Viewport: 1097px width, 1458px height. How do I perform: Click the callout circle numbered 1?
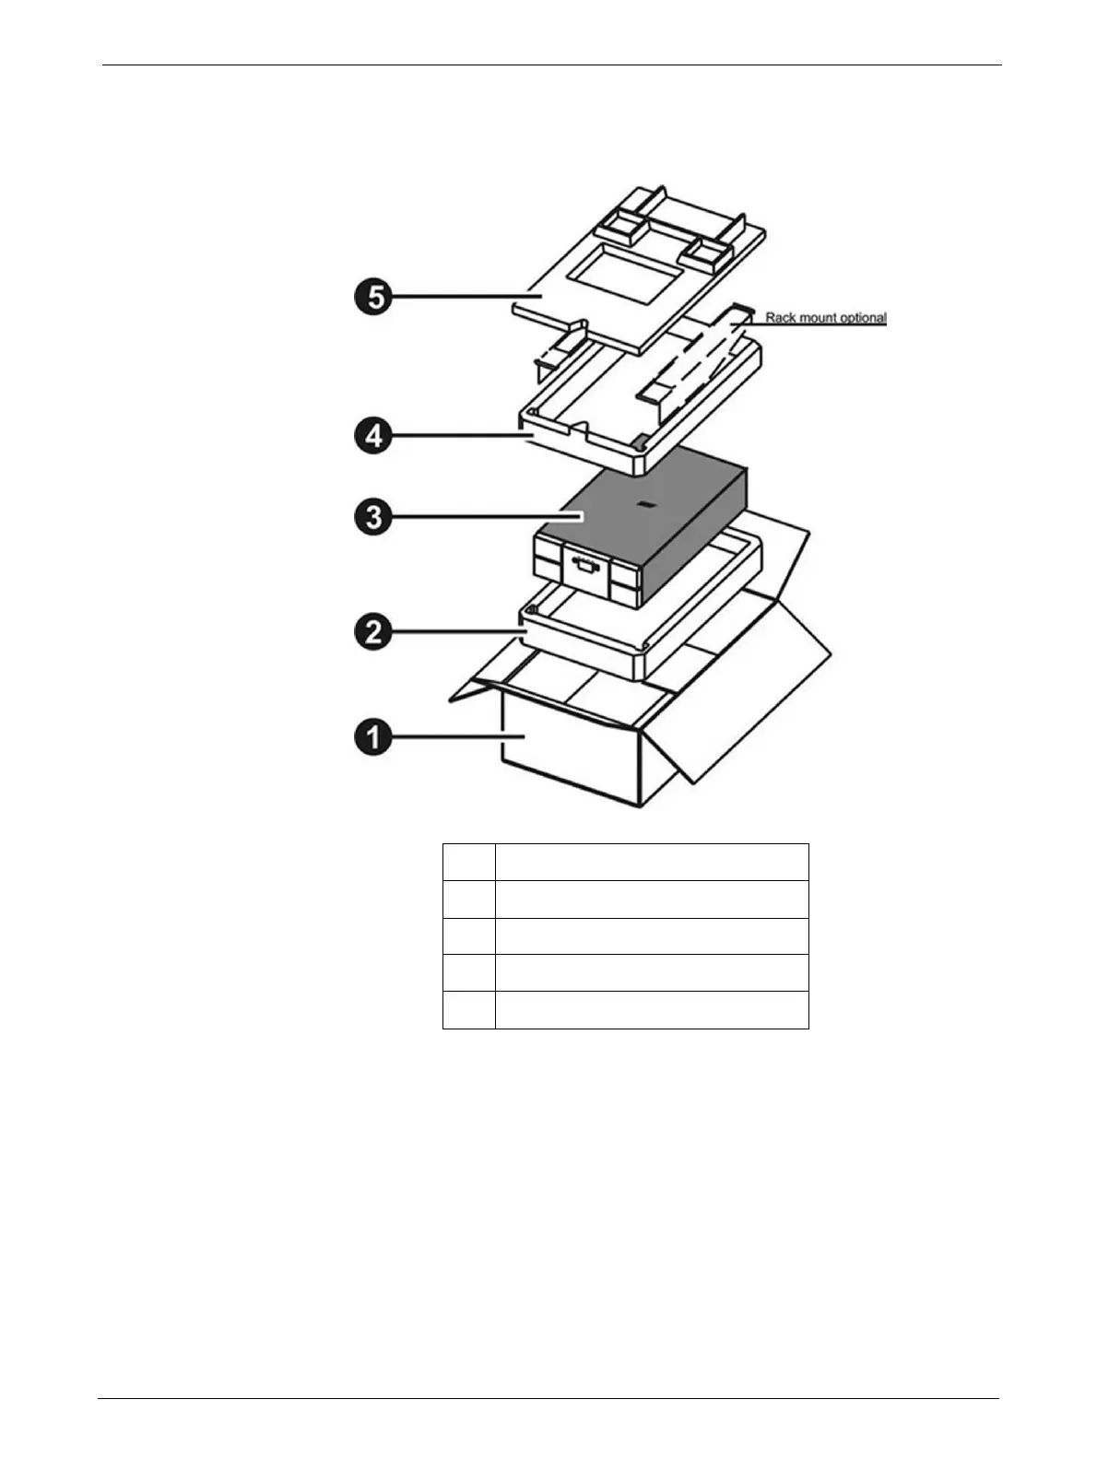[x=372, y=738]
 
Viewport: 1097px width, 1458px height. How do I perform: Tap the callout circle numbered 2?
[x=372, y=633]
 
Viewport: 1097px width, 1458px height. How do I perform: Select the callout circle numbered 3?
[x=372, y=517]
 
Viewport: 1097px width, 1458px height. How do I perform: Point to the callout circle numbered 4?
[x=372, y=436]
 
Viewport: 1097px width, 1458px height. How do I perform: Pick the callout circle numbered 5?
[x=372, y=298]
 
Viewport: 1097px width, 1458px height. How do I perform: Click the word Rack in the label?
[x=780, y=318]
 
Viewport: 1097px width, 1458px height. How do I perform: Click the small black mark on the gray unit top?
[x=646, y=505]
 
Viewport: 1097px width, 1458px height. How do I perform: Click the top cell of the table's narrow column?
[x=468, y=862]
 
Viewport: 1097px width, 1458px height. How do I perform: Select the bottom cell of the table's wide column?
[x=652, y=1009]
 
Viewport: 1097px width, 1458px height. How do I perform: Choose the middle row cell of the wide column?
[x=652, y=935]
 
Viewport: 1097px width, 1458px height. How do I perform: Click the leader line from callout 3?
[x=489, y=517]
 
